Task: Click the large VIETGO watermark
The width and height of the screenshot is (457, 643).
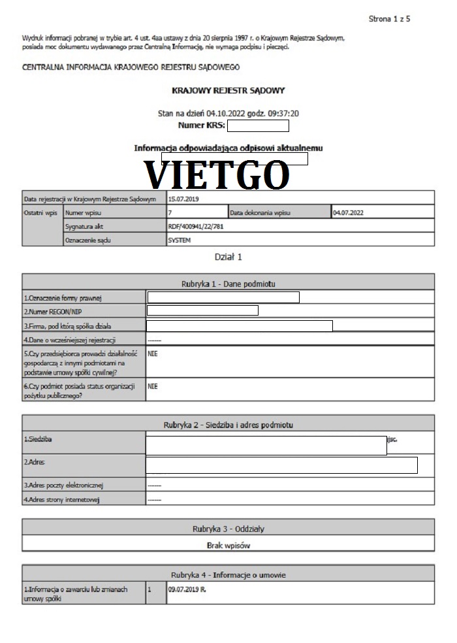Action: tap(216, 174)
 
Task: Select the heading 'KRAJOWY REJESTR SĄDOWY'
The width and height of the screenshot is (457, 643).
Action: tap(228, 90)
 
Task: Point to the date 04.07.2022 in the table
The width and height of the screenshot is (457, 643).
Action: tap(347, 212)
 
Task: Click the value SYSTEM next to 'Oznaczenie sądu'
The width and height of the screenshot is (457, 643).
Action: tap(179, 240)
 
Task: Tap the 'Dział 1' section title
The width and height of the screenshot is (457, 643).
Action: tap(228, 257)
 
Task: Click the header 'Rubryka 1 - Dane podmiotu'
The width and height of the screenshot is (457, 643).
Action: tap(228, 284)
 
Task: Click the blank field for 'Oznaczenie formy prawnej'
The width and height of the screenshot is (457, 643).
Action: tap(223, 298)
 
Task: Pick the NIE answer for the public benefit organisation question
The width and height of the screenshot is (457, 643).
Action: tap(153, 386)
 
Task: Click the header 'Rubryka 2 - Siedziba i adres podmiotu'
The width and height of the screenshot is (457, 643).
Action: tap(228, 425)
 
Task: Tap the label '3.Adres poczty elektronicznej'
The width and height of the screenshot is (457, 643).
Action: tap(63, 486)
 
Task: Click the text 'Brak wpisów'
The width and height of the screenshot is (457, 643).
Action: tap(228, 544)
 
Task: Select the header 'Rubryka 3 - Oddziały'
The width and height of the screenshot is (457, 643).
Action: tap(228, 529)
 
